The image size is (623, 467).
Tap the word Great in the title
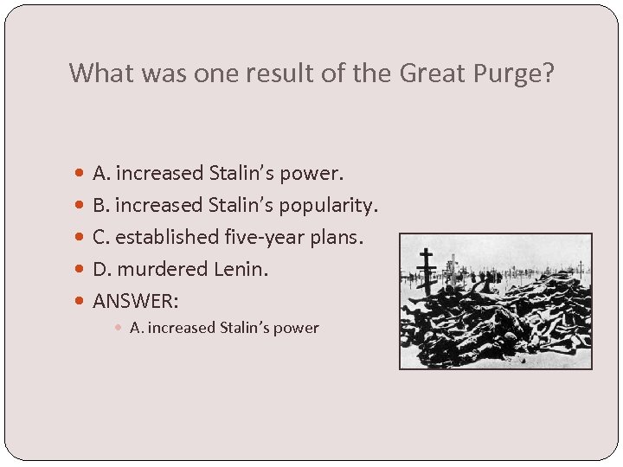(431, 73)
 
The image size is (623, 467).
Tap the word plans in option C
(333, 237)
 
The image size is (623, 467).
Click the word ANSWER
(136, 301)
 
